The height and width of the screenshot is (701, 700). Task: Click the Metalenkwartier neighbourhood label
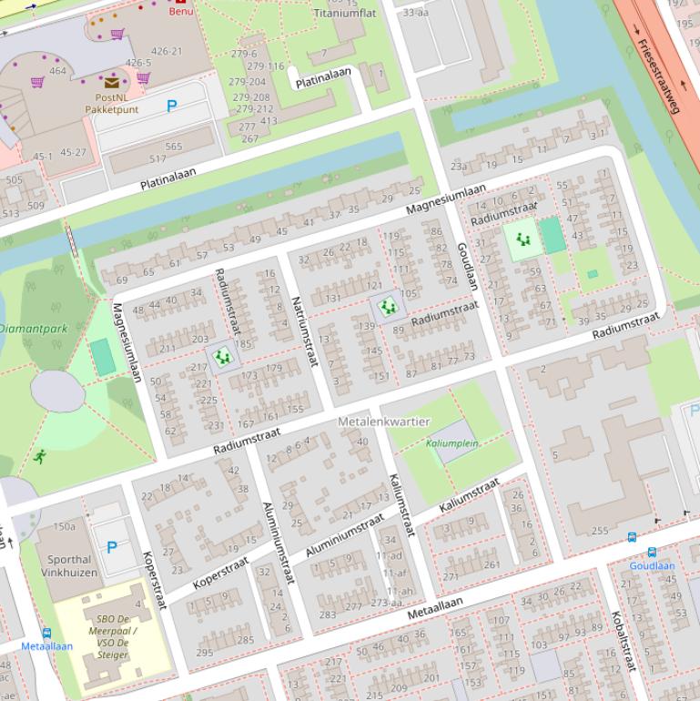(x=383, y=422)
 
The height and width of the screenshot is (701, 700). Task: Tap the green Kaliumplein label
(x=451, y=443)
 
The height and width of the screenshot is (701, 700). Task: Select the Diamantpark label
(x=34, y=328)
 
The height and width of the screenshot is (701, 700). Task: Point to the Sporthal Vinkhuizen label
(x=69, y=565)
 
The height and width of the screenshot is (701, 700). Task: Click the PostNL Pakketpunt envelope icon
(x=111, y=83)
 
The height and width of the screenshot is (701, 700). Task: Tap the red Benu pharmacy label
(x=181, y=11)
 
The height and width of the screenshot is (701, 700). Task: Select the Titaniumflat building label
(x=344, y=14)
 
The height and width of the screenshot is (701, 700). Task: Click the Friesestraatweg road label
(x=657, y=76)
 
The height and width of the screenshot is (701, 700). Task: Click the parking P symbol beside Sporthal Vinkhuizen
(x=112, y=547)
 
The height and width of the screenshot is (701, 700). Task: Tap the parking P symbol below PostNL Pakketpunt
(x=171, y=107)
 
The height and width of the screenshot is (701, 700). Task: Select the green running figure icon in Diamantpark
(x=40, y=456)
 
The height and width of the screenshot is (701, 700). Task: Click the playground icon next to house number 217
(x=222, y=356)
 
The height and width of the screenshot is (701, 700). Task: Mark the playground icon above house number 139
(x=388, y=307)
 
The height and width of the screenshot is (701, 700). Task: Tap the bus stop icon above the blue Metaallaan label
(x=47, y=633)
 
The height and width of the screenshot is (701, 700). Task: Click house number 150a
(x=65, y=526)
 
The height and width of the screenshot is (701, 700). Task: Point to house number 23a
(x=459, y=166)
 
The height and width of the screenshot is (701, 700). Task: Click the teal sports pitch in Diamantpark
(x=103, y=357)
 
